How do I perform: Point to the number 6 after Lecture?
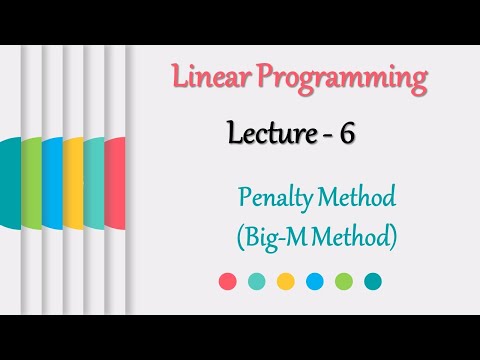(x=347, y=135)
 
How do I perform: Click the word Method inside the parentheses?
(x=359, y=239)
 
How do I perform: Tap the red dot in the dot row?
(x=228, y=282)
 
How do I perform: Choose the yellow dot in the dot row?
(x=286, y=282)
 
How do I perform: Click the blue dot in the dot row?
(x=315, y=282)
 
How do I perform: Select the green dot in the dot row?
(x=344, y=282)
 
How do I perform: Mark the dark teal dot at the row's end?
(x=373, y=282)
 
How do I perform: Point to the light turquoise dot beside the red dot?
(x=257, y=282)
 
